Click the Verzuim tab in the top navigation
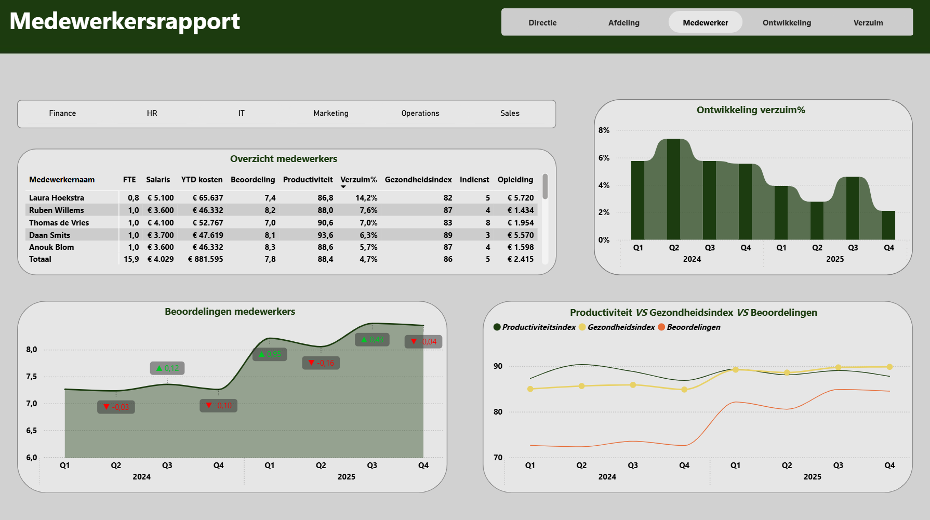(x=868, y=23)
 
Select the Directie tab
(x=542, y=23)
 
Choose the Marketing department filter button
(x=331, y=113)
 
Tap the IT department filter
(x=242, y=113)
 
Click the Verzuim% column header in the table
(x=358, y=180)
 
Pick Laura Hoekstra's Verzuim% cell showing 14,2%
(x=366, y=198)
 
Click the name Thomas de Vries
(x=59, y=223)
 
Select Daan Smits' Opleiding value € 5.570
(x=521, y=235)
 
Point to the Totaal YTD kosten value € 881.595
(x=206, y=259)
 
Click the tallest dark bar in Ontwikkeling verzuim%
(x=673, y=189)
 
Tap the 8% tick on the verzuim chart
(x=604, y=130)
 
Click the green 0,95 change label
(x=270, y=354)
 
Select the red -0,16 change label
(x=321, y=363)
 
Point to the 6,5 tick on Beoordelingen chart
(x=32, y=431)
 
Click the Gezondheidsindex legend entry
(x=617, y=327)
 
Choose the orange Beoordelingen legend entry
(x=689, y=327)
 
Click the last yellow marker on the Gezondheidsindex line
(x=889, y=367)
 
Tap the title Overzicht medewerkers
(x=284, y=159)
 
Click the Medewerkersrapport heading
(x=125, y=21)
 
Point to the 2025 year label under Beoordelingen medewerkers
(x=347, y=477)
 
